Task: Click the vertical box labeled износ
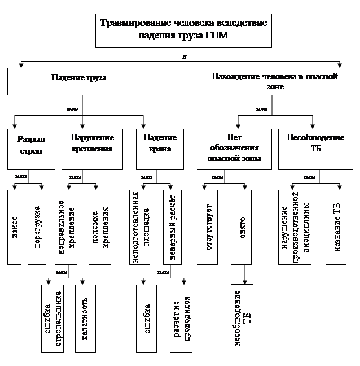16,227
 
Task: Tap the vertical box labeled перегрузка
37,227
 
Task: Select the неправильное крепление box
65,227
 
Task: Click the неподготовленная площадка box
140,227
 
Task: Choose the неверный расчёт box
174,227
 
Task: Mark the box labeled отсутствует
208,227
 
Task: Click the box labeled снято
242,227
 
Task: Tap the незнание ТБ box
336,227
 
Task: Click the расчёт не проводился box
181,320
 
